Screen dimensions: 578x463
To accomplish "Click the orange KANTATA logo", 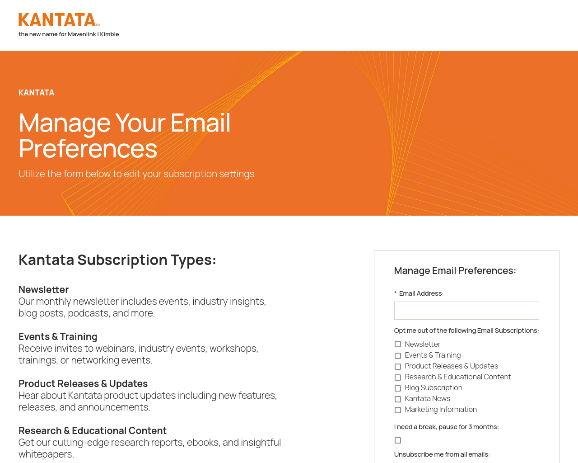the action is point(59,19).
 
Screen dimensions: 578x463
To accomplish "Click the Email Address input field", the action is point(466,311).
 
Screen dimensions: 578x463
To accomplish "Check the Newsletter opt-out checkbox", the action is point(397,344).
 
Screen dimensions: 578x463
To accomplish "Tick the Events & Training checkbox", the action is point(397,355).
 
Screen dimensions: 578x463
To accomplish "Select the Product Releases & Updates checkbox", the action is point(397,366).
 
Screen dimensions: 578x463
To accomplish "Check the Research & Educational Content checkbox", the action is point(397,377).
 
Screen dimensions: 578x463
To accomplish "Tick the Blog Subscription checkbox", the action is point(397,388).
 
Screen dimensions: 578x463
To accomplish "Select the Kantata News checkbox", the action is point(397,399).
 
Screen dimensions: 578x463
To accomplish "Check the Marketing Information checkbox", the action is point(397,410).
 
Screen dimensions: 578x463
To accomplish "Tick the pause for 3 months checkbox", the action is point(397,440).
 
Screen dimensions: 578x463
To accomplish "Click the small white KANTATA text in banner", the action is point(36,93).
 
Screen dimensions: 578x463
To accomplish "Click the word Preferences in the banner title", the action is point(88,148).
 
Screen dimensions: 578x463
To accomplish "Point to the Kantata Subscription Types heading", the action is point(117,260).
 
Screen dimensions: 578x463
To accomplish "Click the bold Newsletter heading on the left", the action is point(43,289).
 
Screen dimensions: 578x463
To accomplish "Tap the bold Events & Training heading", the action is point(58,336).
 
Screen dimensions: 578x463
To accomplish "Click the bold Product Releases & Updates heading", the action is point(83,383).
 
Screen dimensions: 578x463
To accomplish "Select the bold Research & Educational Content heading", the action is point(93,430).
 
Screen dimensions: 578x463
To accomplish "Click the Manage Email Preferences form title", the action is point(455,271).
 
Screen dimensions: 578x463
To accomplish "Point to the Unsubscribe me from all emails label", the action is point(442,454).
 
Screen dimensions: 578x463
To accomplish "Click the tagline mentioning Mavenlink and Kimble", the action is point(69,34).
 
